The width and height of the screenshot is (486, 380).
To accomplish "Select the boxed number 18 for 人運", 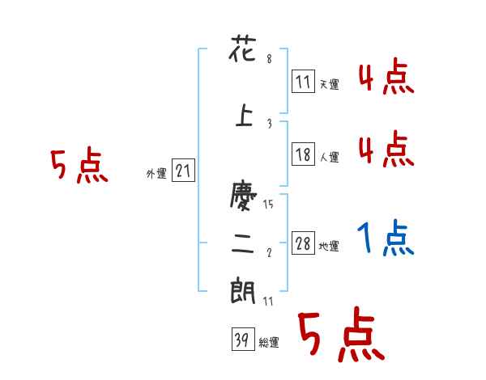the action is (x=303, y=155).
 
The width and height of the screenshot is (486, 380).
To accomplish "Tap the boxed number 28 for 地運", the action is (x=303, y=243).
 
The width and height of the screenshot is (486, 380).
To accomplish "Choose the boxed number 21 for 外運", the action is (x=183, y=171).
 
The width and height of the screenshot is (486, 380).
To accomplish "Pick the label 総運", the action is (x=269, y=343).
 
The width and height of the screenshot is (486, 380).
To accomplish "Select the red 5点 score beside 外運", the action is (x=79, y=166).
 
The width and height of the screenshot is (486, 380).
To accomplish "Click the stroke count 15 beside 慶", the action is (x=268, y=205).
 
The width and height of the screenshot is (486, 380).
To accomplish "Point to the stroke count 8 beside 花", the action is (x=268, y=59).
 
